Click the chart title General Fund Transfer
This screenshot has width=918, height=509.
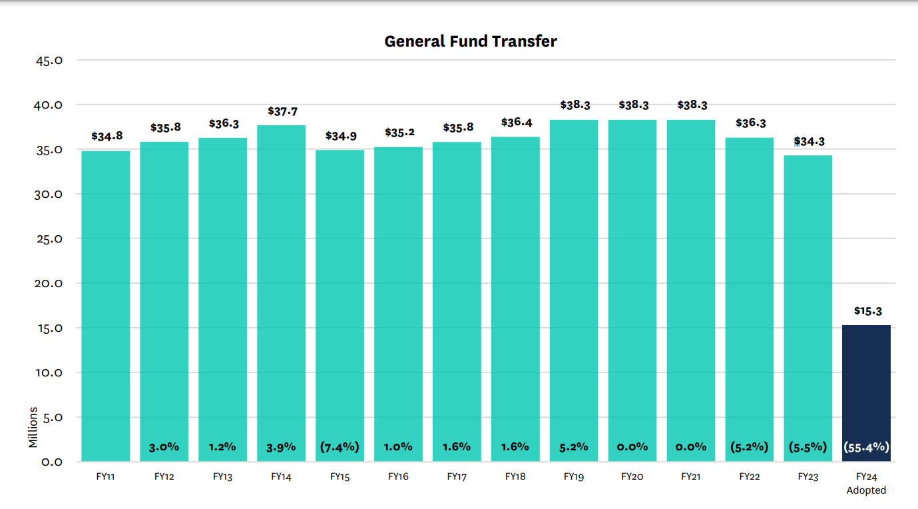(471, 41)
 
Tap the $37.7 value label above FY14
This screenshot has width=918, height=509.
(282, 111)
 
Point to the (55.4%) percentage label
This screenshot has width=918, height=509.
(866, 447)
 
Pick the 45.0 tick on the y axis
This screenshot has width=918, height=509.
(49, 60)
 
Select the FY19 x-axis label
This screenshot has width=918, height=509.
(573, 476)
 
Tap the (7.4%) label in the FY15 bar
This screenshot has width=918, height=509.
(340, 446)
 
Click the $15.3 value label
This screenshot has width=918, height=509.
(867, 311)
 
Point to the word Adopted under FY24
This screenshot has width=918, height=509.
(866, 490)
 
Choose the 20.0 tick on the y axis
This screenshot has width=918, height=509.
(49, 283)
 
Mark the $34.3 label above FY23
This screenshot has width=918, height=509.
(808, 142)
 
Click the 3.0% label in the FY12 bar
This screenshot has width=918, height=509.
(164, 446)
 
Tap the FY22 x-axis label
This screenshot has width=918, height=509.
(749, 476)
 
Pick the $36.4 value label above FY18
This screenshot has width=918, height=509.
(515, 123)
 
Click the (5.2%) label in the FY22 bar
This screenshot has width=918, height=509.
(749, 446)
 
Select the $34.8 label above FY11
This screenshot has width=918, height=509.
(106, 137)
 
